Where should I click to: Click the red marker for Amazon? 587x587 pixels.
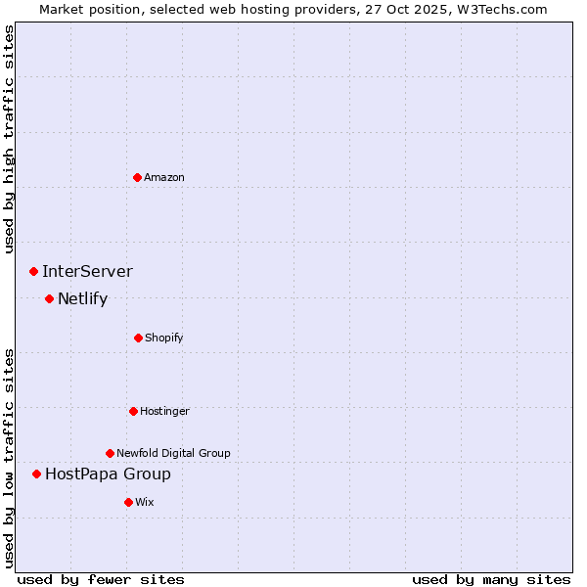pos(138,177)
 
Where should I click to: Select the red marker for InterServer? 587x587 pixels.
pos(33,271)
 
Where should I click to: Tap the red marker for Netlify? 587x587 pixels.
pos(49,298)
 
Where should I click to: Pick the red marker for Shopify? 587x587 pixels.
pos(138,338)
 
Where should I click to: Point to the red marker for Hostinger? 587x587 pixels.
pos(133,411)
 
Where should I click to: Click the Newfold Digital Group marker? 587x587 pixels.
pos(110,453)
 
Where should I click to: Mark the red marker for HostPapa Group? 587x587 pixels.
pos(36,474)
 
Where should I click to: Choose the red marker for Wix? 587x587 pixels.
pos(128,502)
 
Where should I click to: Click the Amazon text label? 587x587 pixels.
pos(164,177)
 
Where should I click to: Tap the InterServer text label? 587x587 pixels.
pos(87,272)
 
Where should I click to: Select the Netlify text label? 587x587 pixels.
pos(82,299)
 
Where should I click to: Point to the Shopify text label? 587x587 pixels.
pos(164,338)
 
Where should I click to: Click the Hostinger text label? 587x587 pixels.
pos(164,411)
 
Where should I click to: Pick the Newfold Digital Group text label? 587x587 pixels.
pos(173,453)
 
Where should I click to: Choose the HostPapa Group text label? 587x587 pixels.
pos(108,474)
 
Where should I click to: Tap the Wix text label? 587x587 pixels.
pos(145,502)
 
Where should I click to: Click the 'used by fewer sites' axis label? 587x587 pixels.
pos(101,579)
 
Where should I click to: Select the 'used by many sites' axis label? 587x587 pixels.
pos(491,579)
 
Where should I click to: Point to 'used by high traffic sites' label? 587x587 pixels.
pos(9,139)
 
